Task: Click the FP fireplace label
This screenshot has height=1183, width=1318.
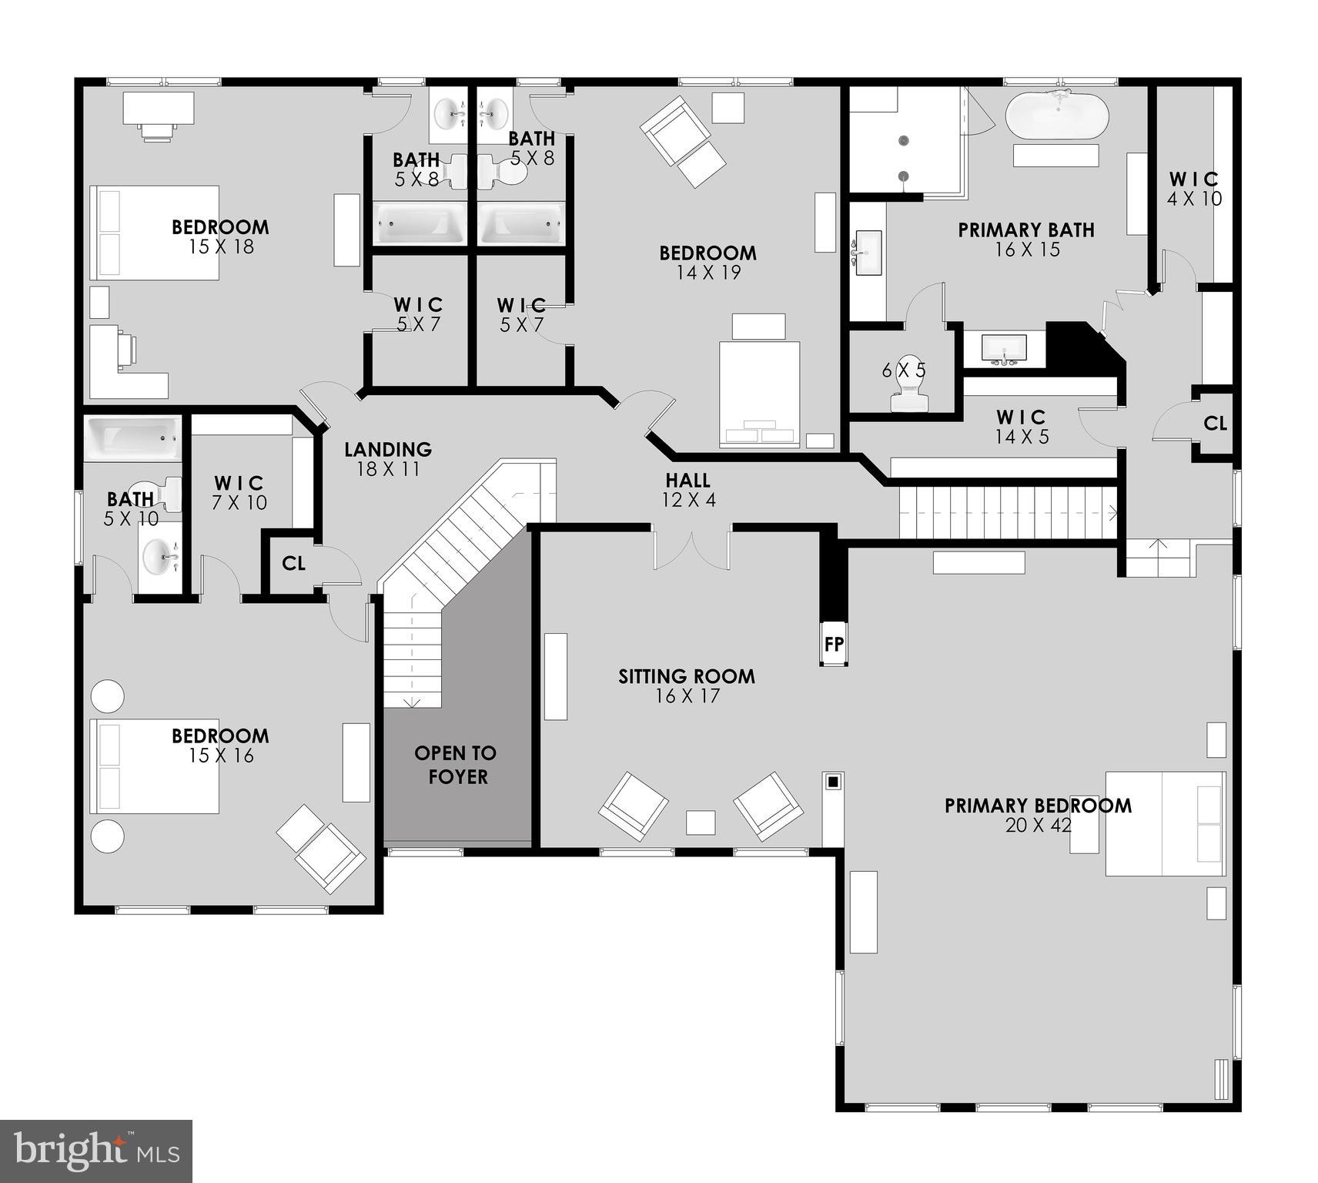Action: pyautogui.click(x=834, y=644)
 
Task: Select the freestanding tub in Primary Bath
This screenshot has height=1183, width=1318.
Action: pyautogui.click(x=1056, y=116)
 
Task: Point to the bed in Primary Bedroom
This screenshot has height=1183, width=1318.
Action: pyautogui.click(x=1164, y=823)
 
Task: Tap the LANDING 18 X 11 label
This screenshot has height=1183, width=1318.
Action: pyautogui.click(x=387, y=459)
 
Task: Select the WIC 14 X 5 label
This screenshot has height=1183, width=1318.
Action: pyautogui.click(x=1022, y=427)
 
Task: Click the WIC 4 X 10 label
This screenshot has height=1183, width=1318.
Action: pyautogui.click(x=1194, y=189)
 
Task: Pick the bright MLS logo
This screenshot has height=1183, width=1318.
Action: pyautogui.click(x=95, y=1151)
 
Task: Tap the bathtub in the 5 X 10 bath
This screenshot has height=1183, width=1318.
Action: pyautogui.click(x=133, y=438)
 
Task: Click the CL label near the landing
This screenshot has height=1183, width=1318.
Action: pyautogui.click(x=293, y=564)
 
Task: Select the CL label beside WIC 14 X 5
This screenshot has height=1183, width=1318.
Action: pyautogui.click(x=1215, y=424)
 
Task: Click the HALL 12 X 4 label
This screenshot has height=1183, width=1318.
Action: pyautogui.click(x=688, y=490)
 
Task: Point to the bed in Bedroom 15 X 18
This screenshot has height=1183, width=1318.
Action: pyautogui.click(x=155, y=233)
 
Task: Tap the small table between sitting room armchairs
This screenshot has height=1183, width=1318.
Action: pyautogui.click(x=700, y=822)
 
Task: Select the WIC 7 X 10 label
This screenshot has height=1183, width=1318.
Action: pyautogui.click(x=239, y=493)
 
